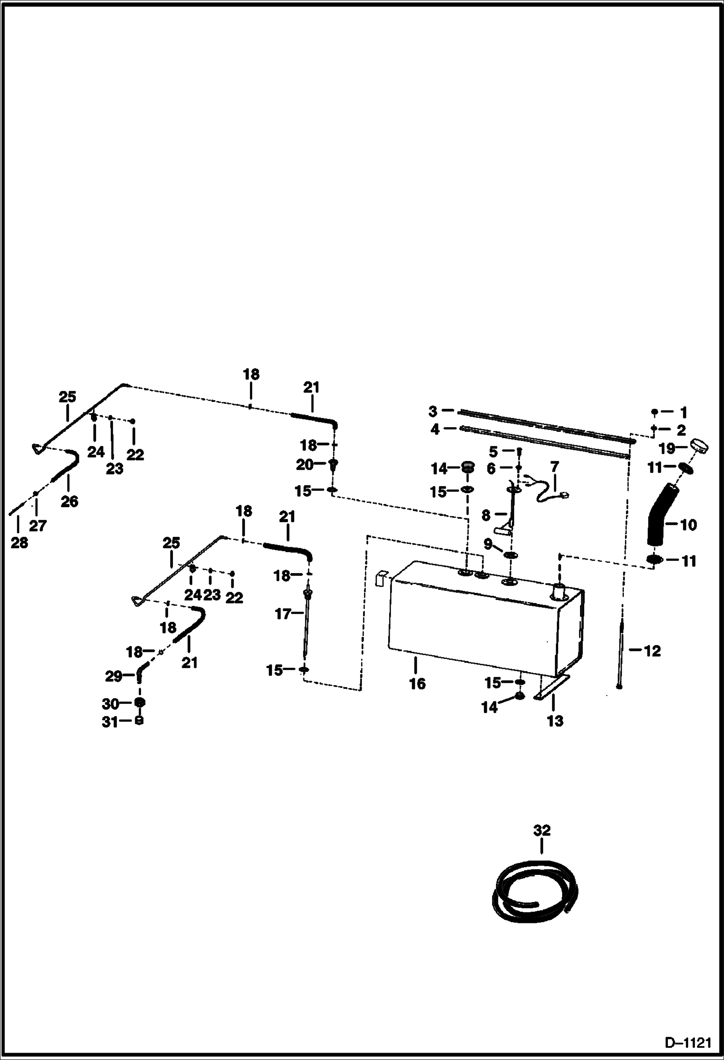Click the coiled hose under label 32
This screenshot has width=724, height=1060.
535,893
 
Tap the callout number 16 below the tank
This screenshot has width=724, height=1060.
417,684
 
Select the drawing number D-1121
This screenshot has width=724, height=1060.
688,1044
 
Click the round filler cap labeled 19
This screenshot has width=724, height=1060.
699,444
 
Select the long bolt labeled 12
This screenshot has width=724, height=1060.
621,652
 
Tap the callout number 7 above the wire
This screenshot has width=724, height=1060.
554,467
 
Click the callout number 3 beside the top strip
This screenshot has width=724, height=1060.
433,411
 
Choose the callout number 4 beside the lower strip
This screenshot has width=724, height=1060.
435,429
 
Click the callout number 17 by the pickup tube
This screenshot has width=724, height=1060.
283,614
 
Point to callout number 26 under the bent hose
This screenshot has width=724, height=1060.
69,501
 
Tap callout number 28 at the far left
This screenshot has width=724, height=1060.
19,543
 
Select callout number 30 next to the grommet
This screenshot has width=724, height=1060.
111,704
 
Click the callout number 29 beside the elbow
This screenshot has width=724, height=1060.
114,676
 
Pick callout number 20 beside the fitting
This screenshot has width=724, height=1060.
304,465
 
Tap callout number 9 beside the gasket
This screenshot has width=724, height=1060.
488,544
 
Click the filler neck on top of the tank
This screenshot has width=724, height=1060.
560,590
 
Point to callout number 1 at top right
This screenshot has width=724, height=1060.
683,412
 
